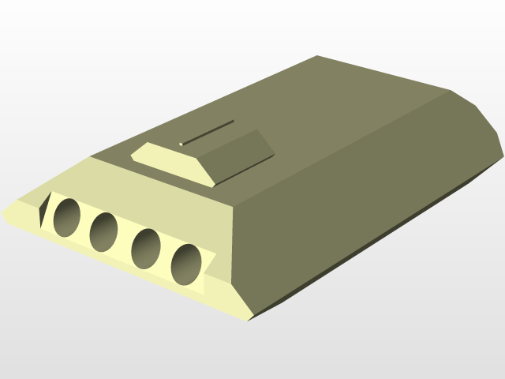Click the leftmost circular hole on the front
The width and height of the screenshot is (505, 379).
click(x=66, y=217)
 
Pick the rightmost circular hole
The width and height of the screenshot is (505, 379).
click(x=187, y=263)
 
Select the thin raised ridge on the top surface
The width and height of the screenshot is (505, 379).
click(x=208, y=133)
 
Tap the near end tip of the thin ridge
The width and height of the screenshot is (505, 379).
click(x=182, y=144)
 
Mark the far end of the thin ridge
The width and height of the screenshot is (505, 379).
click(x=234, y=121)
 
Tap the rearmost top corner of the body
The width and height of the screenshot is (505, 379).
click(x=317, y=57)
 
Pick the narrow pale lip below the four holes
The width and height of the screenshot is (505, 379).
click(x=118, y=265)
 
